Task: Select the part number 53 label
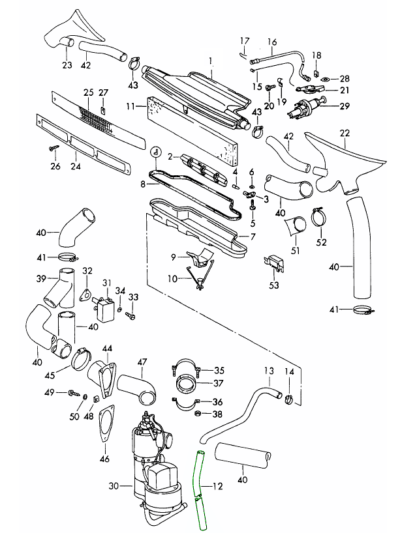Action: [273, 285]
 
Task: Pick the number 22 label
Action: [345, 134]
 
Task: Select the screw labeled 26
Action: [52, 149]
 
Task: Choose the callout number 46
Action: [104, 459]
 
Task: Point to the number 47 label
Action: [142, 362]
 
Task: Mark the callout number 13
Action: [268, 371]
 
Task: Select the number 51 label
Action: [295, 250]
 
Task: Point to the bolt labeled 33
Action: [130, 315]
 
